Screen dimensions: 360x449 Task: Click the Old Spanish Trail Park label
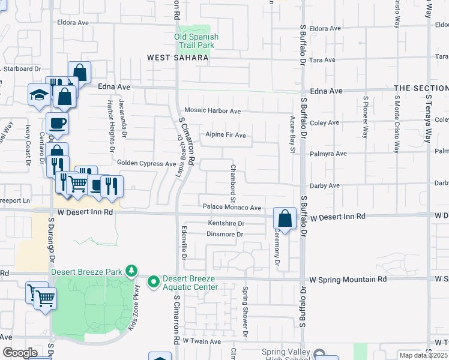[x=196, y=41]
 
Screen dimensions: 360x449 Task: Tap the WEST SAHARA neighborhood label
[x=178, y=58]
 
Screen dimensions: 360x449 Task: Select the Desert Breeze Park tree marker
[x=131, y=271]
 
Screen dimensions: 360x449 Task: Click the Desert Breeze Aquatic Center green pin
[x=154, y=281]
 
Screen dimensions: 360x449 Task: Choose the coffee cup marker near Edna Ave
[x=57, y=123]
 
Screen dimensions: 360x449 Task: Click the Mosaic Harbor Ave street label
[x=212, y=111]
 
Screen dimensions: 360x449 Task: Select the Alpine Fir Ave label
[x=226, y=135]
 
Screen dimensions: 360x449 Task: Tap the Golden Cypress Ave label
[x=146, y=163]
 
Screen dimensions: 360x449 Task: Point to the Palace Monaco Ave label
[x=232, y=208]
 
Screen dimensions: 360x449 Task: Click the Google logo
[x=20, y=353]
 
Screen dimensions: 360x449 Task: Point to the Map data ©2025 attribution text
[x=423, y=355]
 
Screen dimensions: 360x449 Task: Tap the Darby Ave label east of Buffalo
[x=325, y=186]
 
